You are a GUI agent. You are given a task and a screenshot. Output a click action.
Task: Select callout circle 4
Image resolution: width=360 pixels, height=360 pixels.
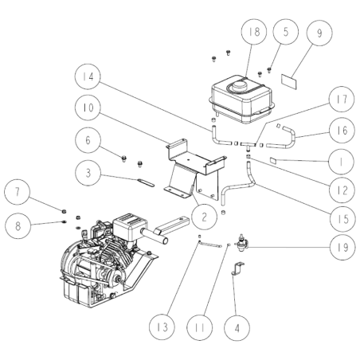[x=236, y=325]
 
